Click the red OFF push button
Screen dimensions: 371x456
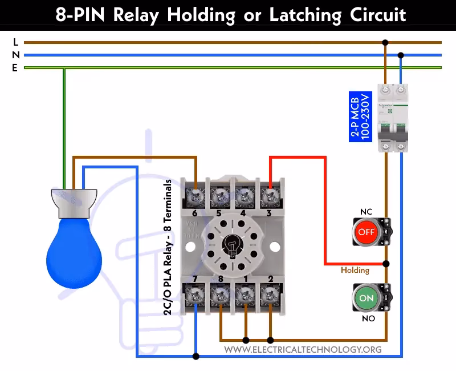366,232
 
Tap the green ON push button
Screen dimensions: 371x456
366,298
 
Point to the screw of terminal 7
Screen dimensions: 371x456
196,295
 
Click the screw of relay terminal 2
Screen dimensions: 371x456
269,295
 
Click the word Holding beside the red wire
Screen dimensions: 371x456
355,270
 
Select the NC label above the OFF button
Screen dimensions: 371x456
366,212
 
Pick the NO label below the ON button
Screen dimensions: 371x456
368,318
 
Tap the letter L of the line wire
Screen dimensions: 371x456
15,42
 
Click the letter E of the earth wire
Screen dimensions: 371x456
15,68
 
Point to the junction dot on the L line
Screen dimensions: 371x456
386,42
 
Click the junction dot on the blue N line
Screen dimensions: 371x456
401,55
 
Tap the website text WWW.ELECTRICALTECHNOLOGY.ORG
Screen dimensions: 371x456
303,349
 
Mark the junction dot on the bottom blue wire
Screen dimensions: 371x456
196,357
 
